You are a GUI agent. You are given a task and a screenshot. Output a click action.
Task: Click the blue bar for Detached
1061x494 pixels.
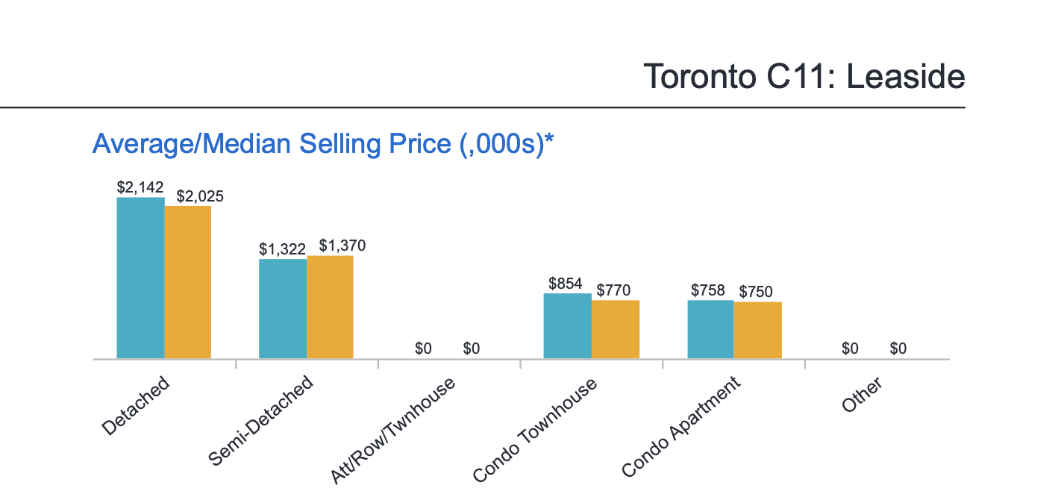point(141,278)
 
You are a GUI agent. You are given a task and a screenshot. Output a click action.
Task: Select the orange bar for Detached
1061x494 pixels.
point(188,282)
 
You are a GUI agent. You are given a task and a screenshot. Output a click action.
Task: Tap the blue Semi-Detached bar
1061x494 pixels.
point(283,308)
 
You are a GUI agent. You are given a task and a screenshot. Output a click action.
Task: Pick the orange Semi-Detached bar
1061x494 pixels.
point(330,307)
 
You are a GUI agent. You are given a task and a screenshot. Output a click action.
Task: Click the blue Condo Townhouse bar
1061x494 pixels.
point(567,325)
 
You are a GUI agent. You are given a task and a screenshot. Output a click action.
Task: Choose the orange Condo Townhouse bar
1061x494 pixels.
point(616,329)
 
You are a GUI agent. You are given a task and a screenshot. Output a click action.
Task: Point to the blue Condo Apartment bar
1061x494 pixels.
point(710,329)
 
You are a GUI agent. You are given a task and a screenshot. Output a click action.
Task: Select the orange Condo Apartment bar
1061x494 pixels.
point(758,330)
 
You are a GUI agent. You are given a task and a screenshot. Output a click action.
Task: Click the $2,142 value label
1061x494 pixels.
point(140,187)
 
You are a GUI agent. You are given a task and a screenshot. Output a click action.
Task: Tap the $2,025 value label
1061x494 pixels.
point(200,197)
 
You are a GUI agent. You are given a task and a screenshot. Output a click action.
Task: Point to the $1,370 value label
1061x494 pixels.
point(342,246)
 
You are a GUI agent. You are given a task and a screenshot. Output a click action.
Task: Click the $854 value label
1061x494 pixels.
point(565,284)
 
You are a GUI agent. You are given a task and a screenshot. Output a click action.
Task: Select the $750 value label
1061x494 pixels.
point(756,292)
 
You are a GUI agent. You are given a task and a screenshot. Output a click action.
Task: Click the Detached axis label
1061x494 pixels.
point(137,406)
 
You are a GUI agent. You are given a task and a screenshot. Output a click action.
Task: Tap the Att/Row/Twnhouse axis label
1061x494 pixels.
point(392,431)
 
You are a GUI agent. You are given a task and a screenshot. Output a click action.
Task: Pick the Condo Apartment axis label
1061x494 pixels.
point(680,427)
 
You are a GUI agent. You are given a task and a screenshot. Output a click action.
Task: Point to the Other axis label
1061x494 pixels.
point(862,395)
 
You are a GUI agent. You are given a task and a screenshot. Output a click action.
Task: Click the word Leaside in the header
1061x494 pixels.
point(906,77)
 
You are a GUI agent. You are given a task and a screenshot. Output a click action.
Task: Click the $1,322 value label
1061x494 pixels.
point(283,248)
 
